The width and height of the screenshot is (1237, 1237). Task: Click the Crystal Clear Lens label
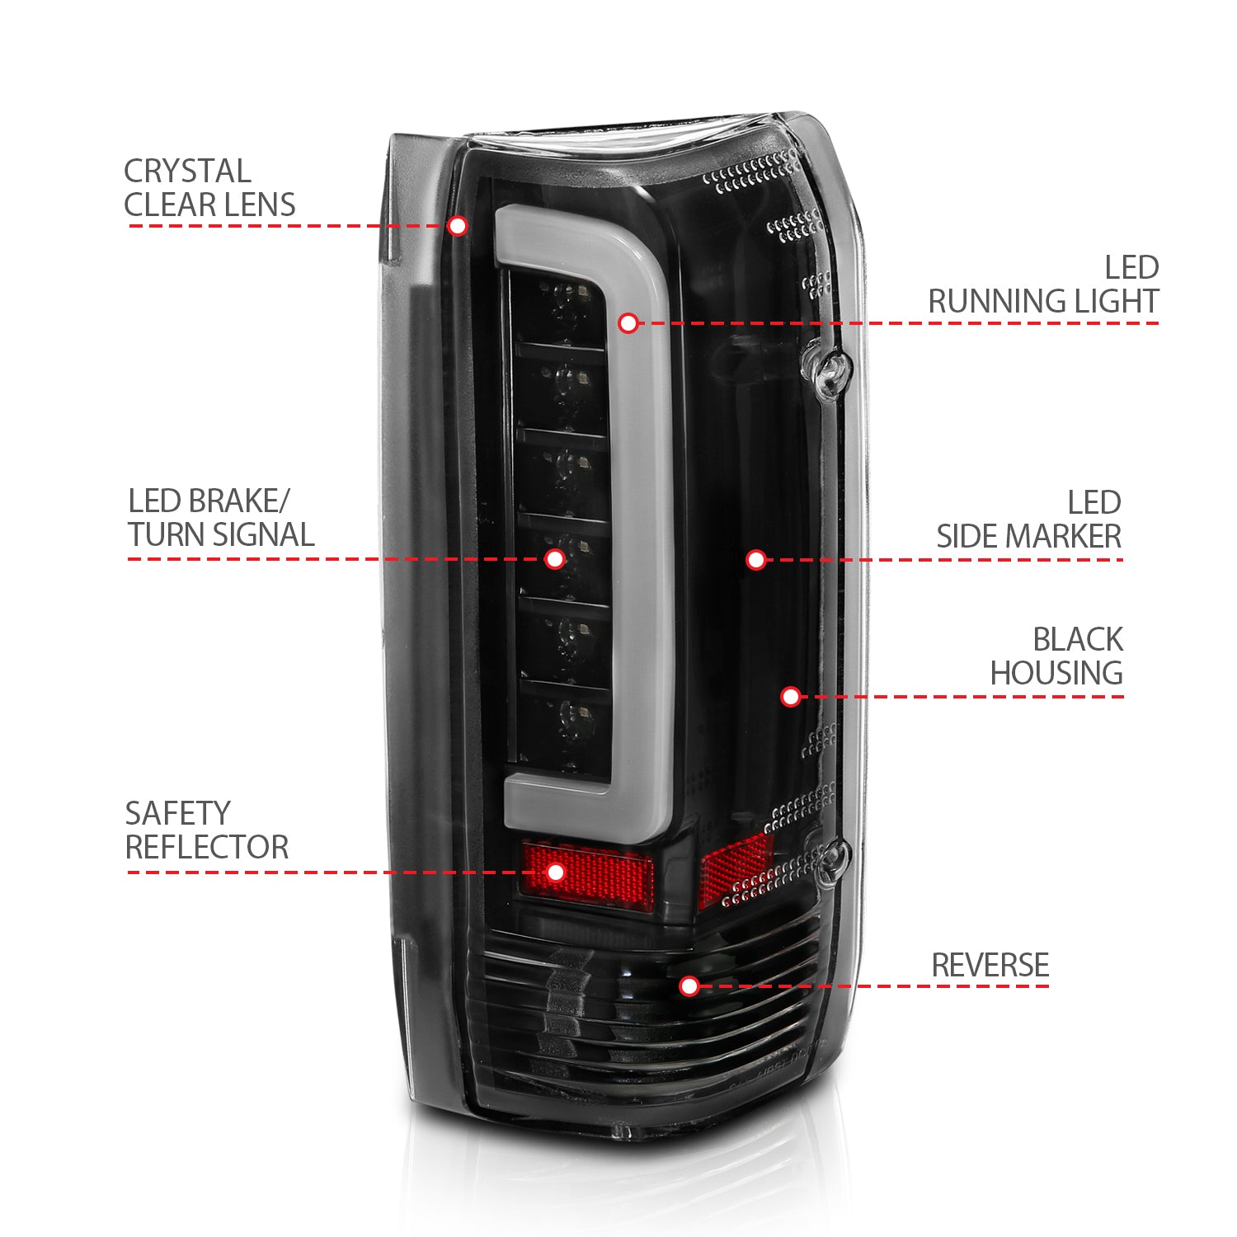(209, 188)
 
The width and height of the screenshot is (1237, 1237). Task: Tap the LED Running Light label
(1043, 285)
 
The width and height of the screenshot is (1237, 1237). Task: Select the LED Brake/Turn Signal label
(220, 518)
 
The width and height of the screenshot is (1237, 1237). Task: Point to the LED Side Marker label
(1028, 520)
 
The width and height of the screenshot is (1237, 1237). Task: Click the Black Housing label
(1056, 656)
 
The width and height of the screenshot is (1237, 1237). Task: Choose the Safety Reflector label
(206, 830)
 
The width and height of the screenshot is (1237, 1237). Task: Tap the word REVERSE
(990, 965)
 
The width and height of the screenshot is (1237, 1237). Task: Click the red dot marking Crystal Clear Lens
(458, 226)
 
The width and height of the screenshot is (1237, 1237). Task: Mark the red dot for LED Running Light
(628, 323)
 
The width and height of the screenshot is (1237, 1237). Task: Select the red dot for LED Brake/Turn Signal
(555, 559)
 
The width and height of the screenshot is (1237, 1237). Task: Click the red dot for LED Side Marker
(756, 560)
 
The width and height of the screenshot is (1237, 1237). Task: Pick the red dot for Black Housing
(790, 697)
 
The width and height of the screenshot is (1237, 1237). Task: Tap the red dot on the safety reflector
(556, 872)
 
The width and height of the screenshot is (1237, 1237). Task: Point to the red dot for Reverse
(689, 985)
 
